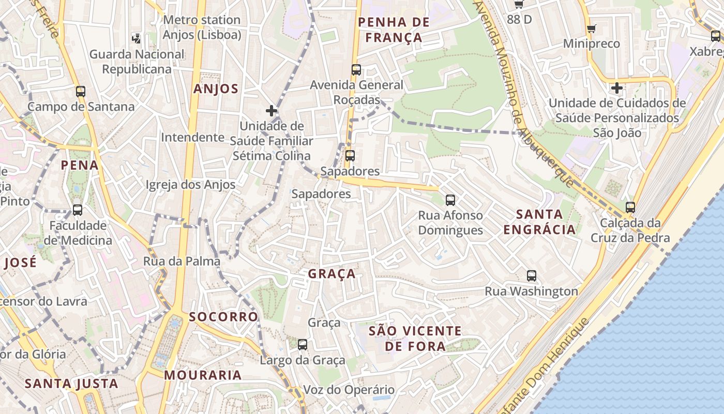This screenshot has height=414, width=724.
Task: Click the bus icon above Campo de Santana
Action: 81,92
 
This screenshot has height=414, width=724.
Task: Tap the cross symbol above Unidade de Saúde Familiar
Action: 271,110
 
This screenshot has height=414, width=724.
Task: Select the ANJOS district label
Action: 216,88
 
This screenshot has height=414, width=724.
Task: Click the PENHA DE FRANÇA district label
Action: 394,29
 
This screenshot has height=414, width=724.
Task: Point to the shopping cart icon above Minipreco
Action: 592,28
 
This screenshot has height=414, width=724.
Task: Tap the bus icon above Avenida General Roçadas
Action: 356,69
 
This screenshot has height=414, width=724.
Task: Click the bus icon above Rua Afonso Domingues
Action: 450,200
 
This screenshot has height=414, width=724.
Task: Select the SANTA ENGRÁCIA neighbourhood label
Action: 539,221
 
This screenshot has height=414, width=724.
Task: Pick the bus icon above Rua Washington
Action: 532,275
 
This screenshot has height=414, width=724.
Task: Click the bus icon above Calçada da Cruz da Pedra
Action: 630,207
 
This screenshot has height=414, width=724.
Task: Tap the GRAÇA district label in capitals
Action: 331,273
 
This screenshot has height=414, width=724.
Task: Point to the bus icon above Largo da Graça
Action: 303,344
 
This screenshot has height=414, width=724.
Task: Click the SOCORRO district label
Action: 223,317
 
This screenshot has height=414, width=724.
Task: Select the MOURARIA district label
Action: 203,375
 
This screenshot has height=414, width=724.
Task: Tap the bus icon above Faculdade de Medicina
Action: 78,210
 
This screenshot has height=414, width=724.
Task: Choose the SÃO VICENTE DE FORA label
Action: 415,338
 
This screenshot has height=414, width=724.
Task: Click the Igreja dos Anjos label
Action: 190,185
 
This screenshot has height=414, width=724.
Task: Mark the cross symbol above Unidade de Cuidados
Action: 616,88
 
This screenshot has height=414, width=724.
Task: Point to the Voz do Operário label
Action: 349,390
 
